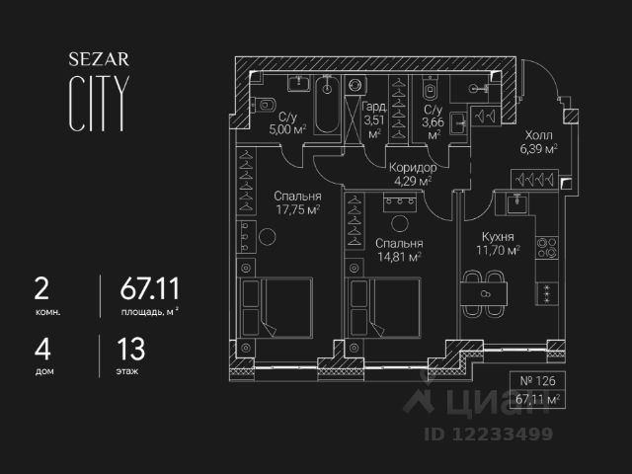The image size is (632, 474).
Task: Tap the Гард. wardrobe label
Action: pos(373,107)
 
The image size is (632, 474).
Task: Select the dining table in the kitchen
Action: pos(484,293)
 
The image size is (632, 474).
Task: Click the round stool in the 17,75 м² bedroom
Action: pos(268,236)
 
